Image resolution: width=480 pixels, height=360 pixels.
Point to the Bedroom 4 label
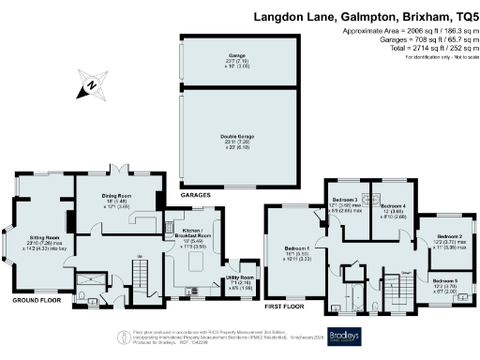pos(393,205)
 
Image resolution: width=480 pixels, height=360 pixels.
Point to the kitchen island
pos(197,262)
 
